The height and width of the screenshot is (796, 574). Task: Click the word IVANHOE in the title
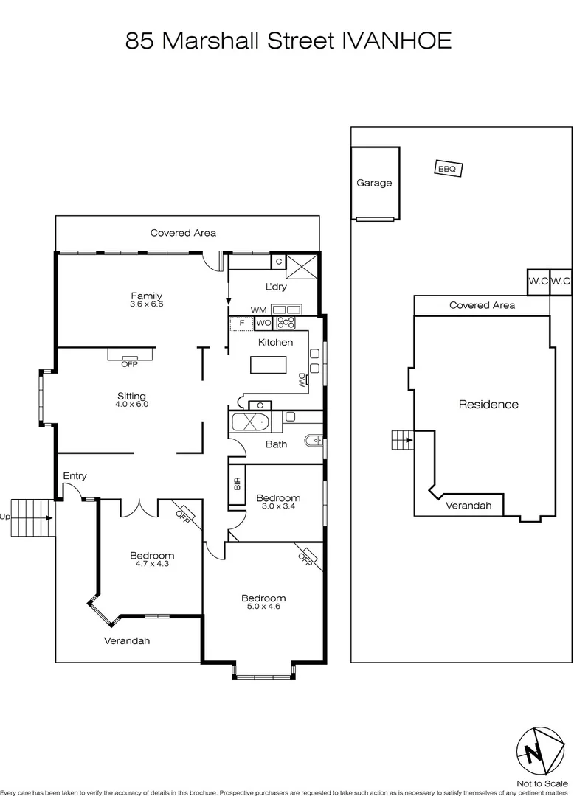tap(397, 41)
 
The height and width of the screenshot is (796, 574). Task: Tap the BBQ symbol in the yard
tap(447, 169)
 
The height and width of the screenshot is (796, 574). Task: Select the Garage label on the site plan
tap(374, 183)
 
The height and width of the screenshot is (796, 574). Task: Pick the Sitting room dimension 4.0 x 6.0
tap(131, 404)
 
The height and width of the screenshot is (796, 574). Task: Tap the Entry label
tap(75, 476)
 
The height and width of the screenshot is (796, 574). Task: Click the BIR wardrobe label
tap(237, 484)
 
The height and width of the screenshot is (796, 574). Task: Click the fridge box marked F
tap(241, 323)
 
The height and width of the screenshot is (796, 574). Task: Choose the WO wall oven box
tap(263, 323)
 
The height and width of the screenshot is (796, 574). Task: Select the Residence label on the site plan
tap(488, 404)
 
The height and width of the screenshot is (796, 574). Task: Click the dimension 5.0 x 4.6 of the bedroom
tap(263, 607)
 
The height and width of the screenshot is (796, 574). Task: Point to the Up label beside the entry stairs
tap(5, 517)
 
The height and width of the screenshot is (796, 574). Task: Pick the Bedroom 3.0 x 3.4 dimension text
tap(278, 506)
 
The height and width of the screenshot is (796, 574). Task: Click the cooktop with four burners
tap(286, 322)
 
